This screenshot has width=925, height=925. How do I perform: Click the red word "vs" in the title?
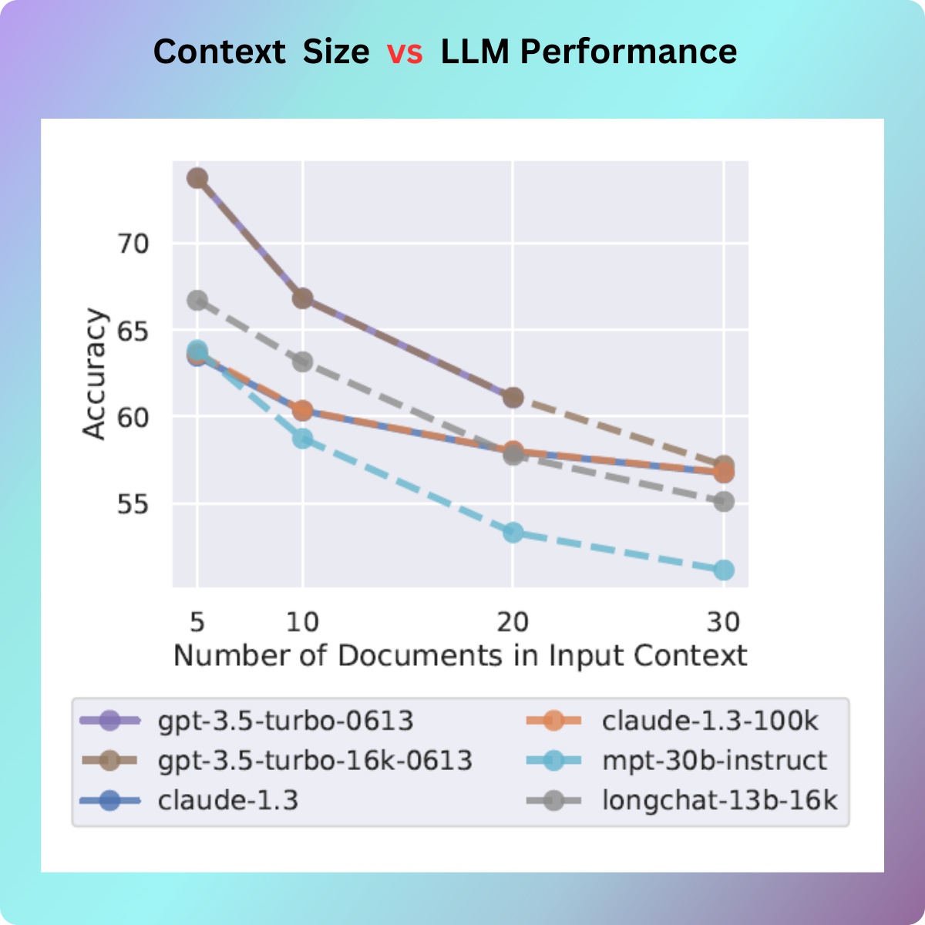pos(405,52)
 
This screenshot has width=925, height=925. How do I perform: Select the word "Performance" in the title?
pos(628,52)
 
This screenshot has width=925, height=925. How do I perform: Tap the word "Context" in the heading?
pos(219,52)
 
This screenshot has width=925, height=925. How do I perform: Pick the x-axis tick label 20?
pos(513,621)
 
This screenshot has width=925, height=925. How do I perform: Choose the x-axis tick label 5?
pos(197,621)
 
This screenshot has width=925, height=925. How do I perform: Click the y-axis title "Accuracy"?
pos(94,375)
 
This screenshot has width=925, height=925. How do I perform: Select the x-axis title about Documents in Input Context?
pos(460,656)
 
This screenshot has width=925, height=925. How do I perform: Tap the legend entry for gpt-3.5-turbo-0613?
pos(285,721)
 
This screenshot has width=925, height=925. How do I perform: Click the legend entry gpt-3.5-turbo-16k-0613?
pos(314,761)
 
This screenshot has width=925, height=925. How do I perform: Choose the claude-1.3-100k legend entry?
pos(710,721)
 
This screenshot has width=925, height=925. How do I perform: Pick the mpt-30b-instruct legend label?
pos(714,761)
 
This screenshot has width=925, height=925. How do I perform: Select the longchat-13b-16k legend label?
pos(719,801)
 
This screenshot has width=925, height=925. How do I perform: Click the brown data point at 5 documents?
pos(197,178)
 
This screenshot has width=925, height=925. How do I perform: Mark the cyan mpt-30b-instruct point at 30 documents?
pos(724,570)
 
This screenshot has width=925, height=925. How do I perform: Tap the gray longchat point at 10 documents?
pos(303,362)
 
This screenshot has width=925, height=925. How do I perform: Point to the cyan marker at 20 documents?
pos(513,533)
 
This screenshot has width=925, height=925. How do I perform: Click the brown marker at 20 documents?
pos(513,398)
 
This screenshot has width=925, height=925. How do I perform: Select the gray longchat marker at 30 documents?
pos(724,502)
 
